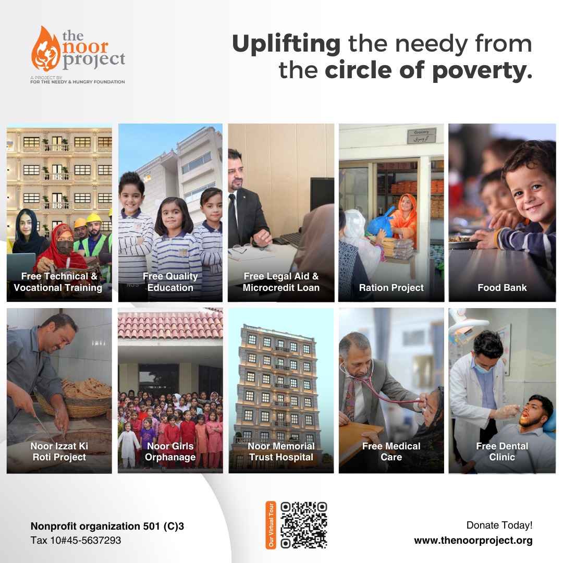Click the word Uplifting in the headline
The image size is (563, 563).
coord(286,44)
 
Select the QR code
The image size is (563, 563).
coord(304,525)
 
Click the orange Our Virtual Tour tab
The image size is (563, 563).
coord(271,525)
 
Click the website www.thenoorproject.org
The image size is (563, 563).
coord(473,541)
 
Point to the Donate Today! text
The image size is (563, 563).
coord(499,525)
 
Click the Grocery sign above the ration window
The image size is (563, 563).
coord(422,136)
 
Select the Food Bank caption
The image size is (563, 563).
coord(502,288)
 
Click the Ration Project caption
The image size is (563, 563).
coord(391,288)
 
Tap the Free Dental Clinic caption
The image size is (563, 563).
coord(502,451)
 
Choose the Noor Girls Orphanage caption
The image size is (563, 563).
coord(170,451)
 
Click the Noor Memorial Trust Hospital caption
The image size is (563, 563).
coord(281,451)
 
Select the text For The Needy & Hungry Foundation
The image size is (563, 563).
coord(78,82)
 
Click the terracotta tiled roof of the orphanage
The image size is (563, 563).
coord(170,325)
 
